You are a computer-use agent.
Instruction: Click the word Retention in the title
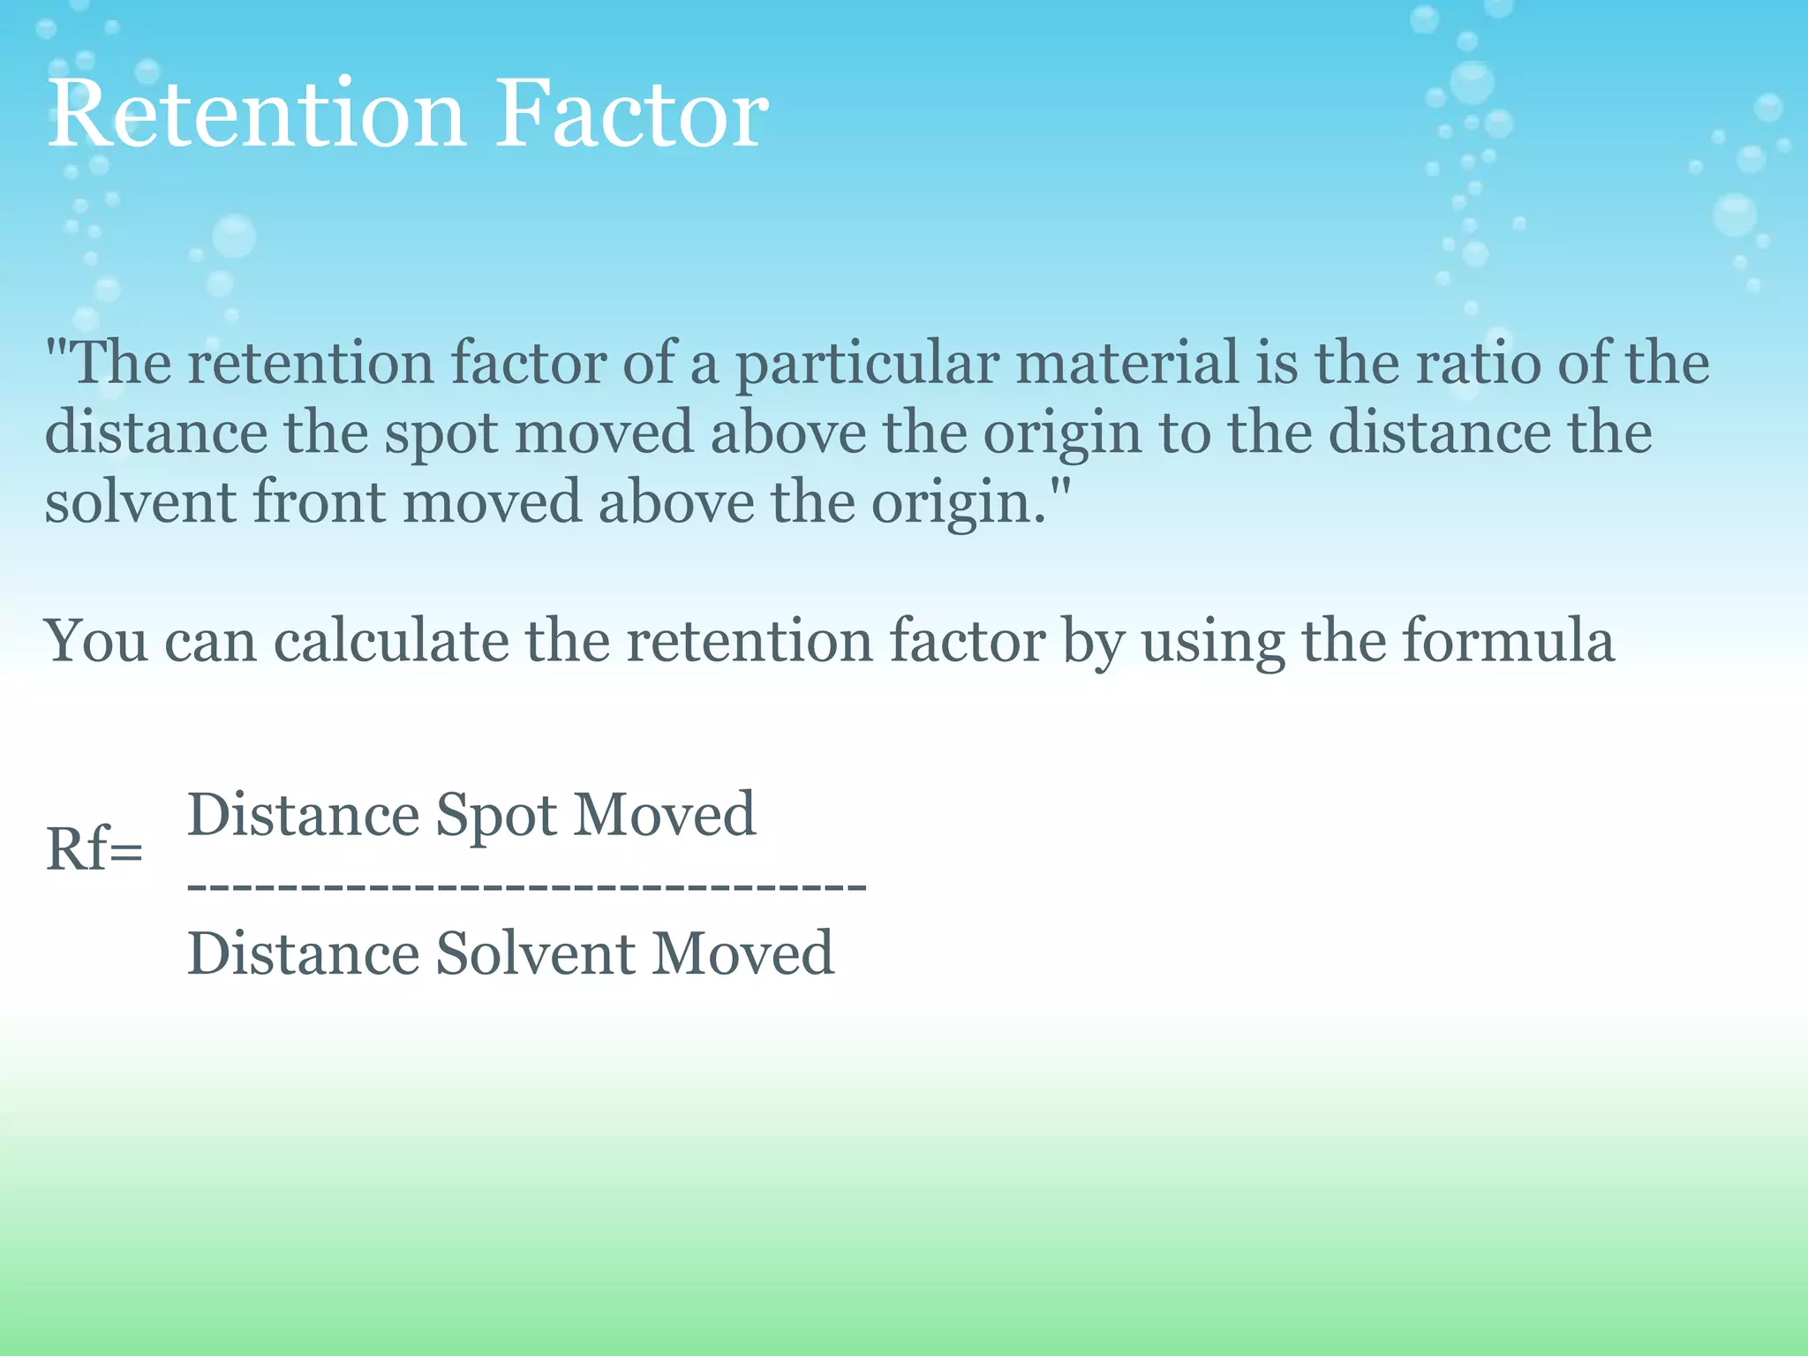pos(256,115)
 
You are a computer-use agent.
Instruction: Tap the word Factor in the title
pos(631,115)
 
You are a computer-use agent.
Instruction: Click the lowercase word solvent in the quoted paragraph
pos(140,502)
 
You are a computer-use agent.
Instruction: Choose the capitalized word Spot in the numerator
pos(496,816)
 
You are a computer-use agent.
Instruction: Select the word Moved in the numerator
pos(665,814)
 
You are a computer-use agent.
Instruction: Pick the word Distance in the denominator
pos(303,954)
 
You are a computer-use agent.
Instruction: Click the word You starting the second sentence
pos(96,641)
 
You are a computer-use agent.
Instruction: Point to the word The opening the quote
pos(121,364)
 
